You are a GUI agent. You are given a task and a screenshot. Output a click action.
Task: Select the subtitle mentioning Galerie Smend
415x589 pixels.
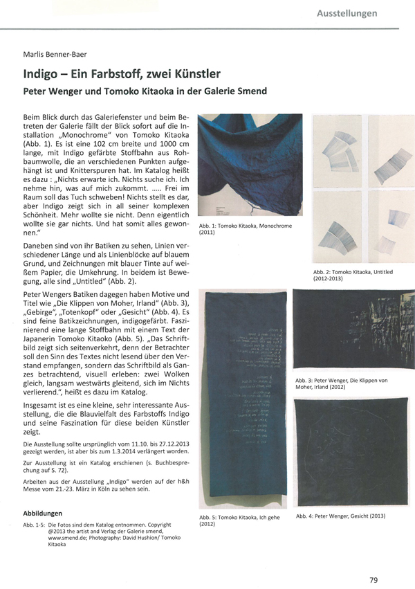coord(145,91)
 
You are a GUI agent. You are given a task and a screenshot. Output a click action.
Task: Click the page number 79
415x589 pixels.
coord(374,561)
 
